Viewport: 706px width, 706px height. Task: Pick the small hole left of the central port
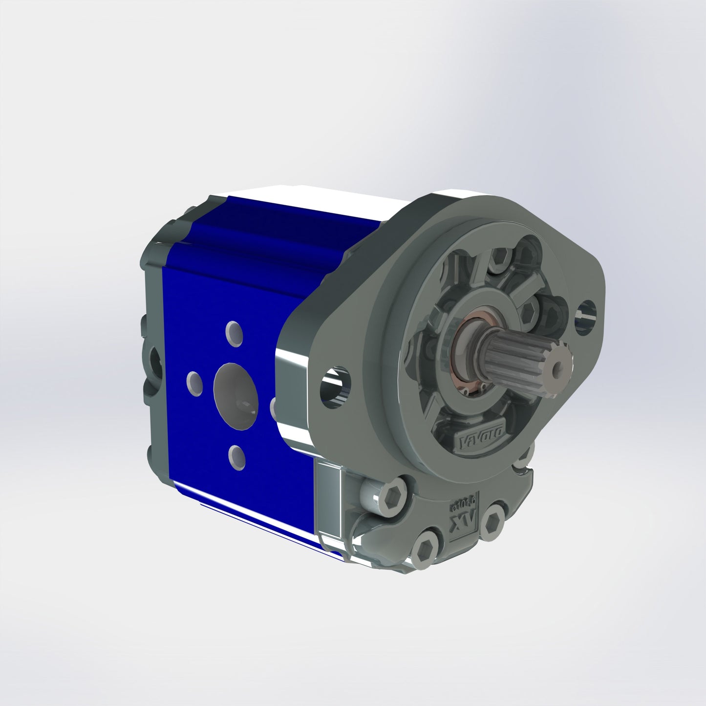(195, 383)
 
